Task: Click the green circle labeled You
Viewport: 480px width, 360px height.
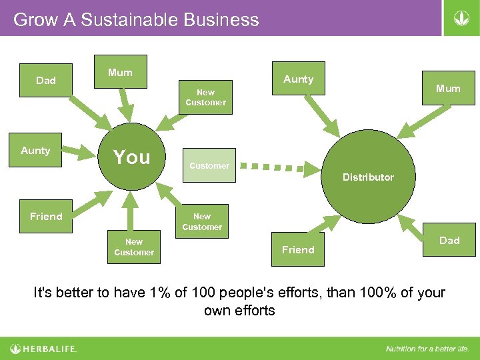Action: (x=132, y=157)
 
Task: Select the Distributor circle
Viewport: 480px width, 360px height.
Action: (x=368, y=177)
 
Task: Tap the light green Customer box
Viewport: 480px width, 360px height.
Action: (x=209, y=165)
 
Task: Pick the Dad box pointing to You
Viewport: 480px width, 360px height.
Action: (x=46, y=80)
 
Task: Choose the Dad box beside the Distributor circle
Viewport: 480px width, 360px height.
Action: (x=449, y=240)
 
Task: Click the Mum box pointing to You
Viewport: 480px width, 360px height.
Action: (x=120, y=72)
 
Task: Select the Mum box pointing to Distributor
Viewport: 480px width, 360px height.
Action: (x=448, y=88)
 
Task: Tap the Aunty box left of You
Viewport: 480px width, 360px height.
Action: (x=35, y=151)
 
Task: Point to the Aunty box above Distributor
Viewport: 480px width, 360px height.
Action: (x=298, y=79)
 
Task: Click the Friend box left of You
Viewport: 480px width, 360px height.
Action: (x=46, y=216)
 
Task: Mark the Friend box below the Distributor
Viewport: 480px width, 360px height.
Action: (x=298, y=249)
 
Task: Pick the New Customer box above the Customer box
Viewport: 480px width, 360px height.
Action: (x=205, y=97)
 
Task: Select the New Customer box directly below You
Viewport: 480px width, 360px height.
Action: (x=134, y=247)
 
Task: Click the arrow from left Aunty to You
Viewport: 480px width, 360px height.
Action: (x=83, y=154)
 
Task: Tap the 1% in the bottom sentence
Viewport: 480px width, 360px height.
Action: (x=160, y=292)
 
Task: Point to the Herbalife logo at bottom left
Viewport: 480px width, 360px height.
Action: (x=44, y=349)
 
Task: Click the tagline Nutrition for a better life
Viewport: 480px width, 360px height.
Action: (x=427, y=349)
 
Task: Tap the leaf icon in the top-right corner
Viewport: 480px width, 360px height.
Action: (x=461, y=18)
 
